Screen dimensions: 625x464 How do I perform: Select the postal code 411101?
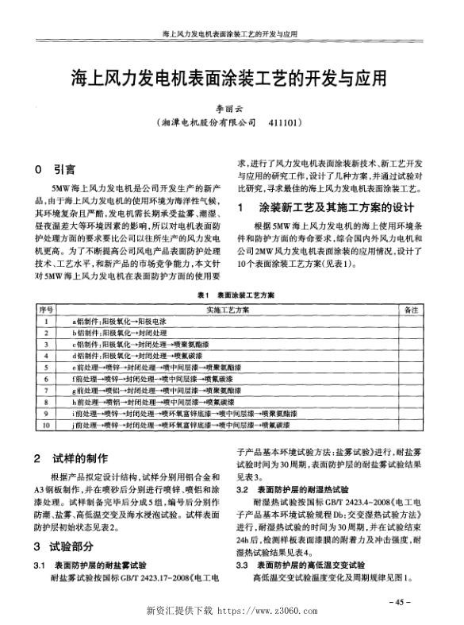287,124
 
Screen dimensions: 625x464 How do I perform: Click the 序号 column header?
47,309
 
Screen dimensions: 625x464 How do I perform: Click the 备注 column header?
410,309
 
